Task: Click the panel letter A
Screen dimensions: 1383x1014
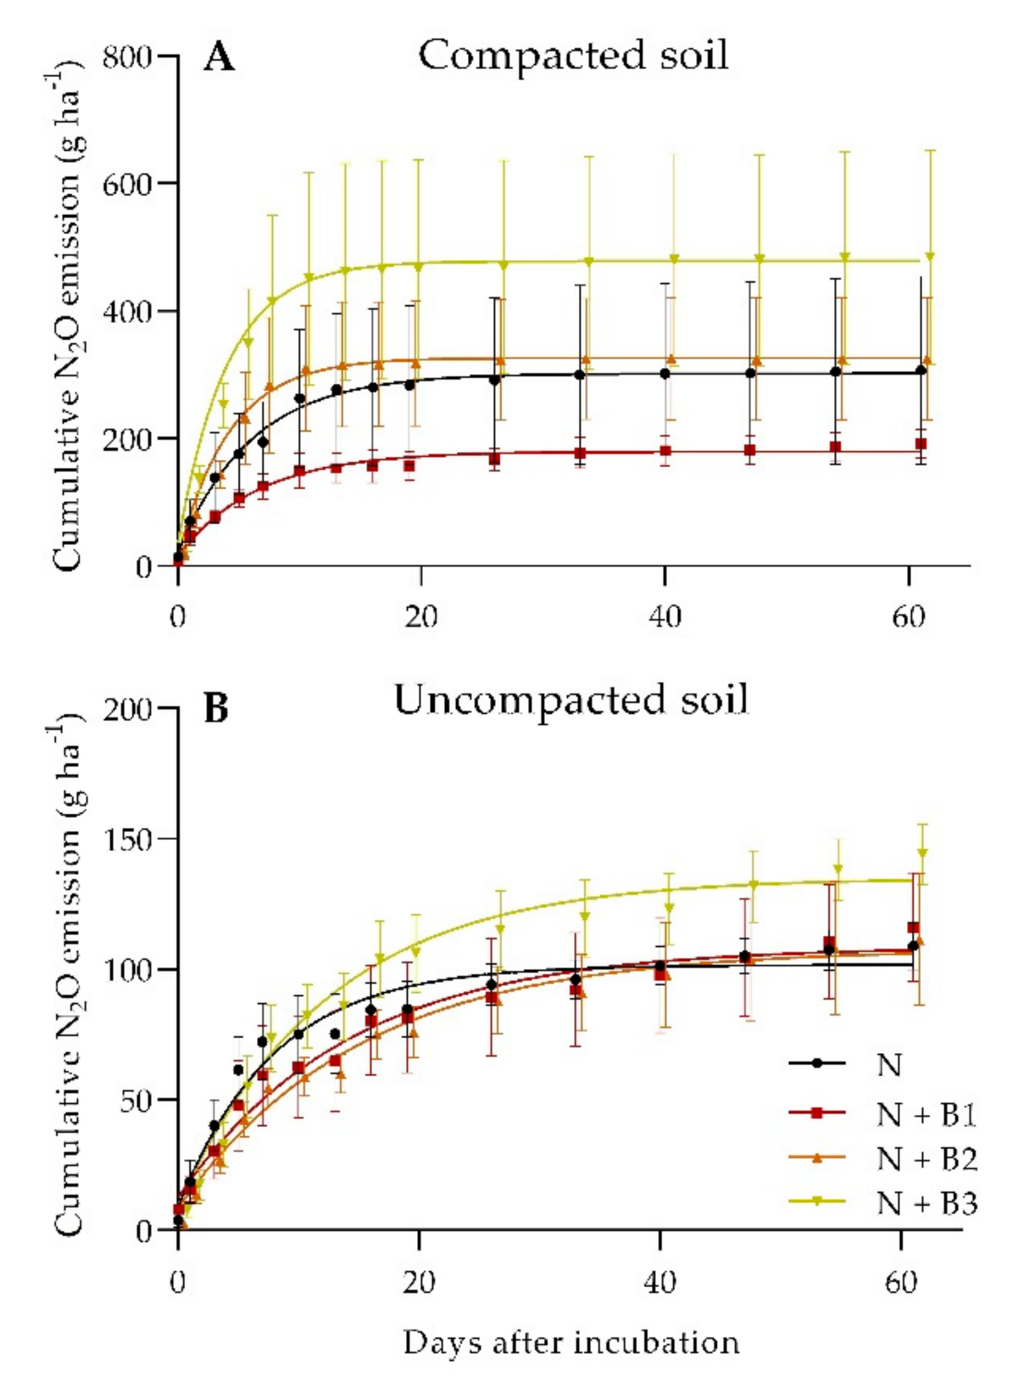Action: click(x=219, y=60)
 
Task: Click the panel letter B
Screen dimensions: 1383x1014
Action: click(x=216, y=709)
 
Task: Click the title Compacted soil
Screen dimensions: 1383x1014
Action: click(x=572, y=56)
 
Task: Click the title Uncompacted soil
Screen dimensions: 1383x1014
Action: click(x=571, y=700)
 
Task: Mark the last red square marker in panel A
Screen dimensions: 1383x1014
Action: click(x=921, y=444)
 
